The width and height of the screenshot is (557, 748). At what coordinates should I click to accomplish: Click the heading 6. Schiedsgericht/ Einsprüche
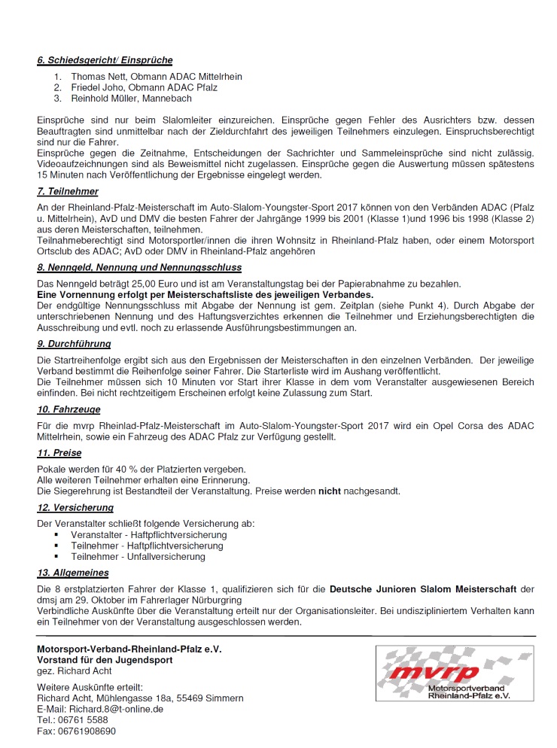[x=105, y=60]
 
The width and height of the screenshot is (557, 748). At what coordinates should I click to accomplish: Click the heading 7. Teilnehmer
[x=68, y=192]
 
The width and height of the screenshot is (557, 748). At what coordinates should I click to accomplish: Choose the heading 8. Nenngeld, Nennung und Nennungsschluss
[x=138, y=267]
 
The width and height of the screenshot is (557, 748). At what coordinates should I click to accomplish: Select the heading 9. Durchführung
[x=74, y=343]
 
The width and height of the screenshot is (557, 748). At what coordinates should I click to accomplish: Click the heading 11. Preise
[x=59, y=453]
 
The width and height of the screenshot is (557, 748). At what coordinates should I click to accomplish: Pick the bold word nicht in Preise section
[x=330, y=491]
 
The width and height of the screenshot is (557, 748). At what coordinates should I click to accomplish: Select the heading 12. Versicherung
[x=75, y=508]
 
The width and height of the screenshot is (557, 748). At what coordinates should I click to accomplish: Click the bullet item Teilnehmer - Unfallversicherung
[x=138, y=557]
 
